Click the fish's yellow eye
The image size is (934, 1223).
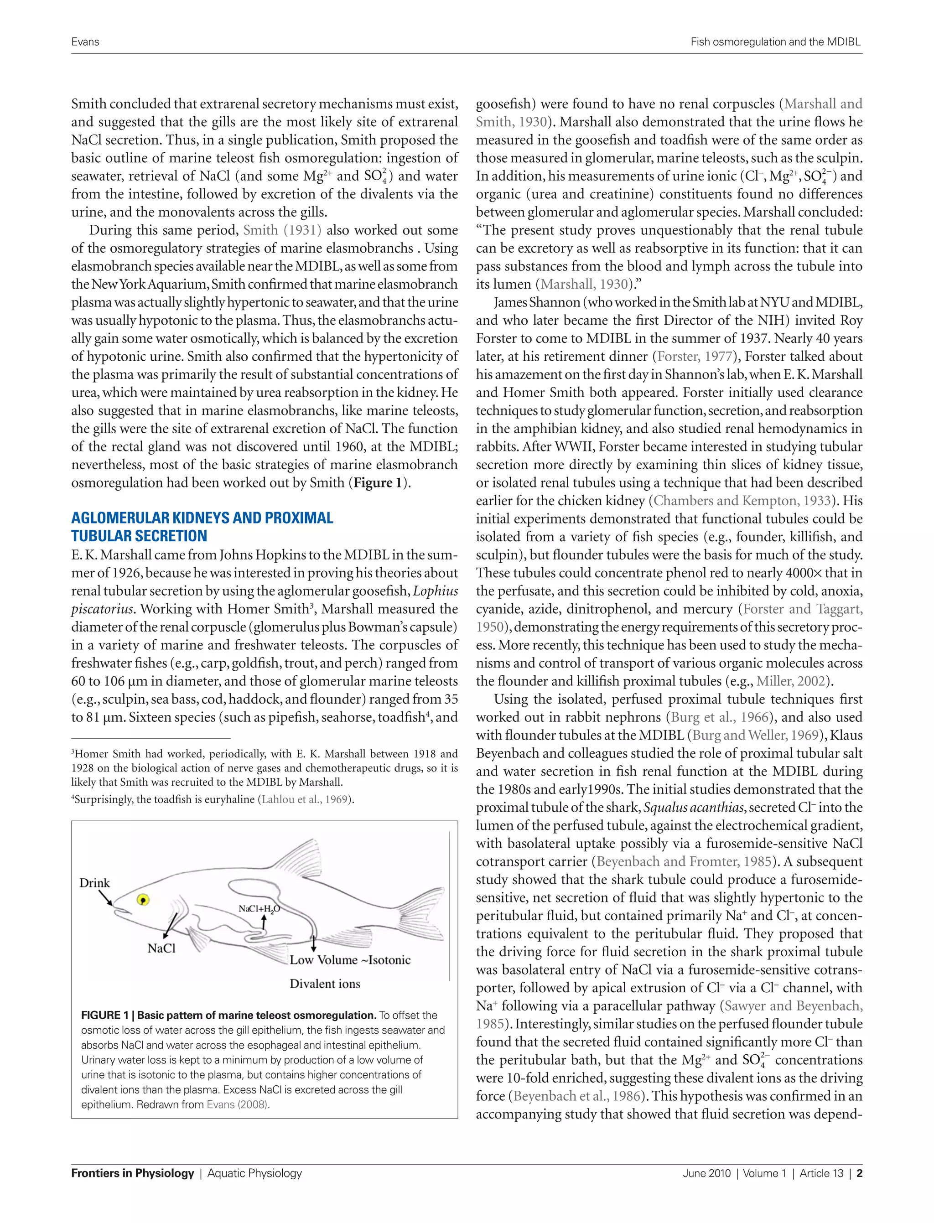pyautogui.click(x=143, y=899)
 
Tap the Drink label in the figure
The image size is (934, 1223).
pyautogui.click(x=94, y=883)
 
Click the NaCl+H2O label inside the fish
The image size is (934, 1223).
pyautogui.click(x=259, y=909)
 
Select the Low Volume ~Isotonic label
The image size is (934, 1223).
pyautogui.click(x=350, y=960)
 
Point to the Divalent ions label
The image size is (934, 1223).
pyautogui.click(x=325, y=984)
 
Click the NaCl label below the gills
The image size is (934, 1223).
pyautogui.click(x=161, y=948)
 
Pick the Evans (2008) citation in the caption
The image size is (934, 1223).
pyautogui.click(x=238, y=1104)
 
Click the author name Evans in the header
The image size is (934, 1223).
pyautogui.click(x=85, y=41)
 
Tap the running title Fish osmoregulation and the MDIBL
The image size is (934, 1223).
pyautogui.click(x=776, y=41)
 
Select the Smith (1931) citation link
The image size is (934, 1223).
pyautogui.click(x=282, y=230)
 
